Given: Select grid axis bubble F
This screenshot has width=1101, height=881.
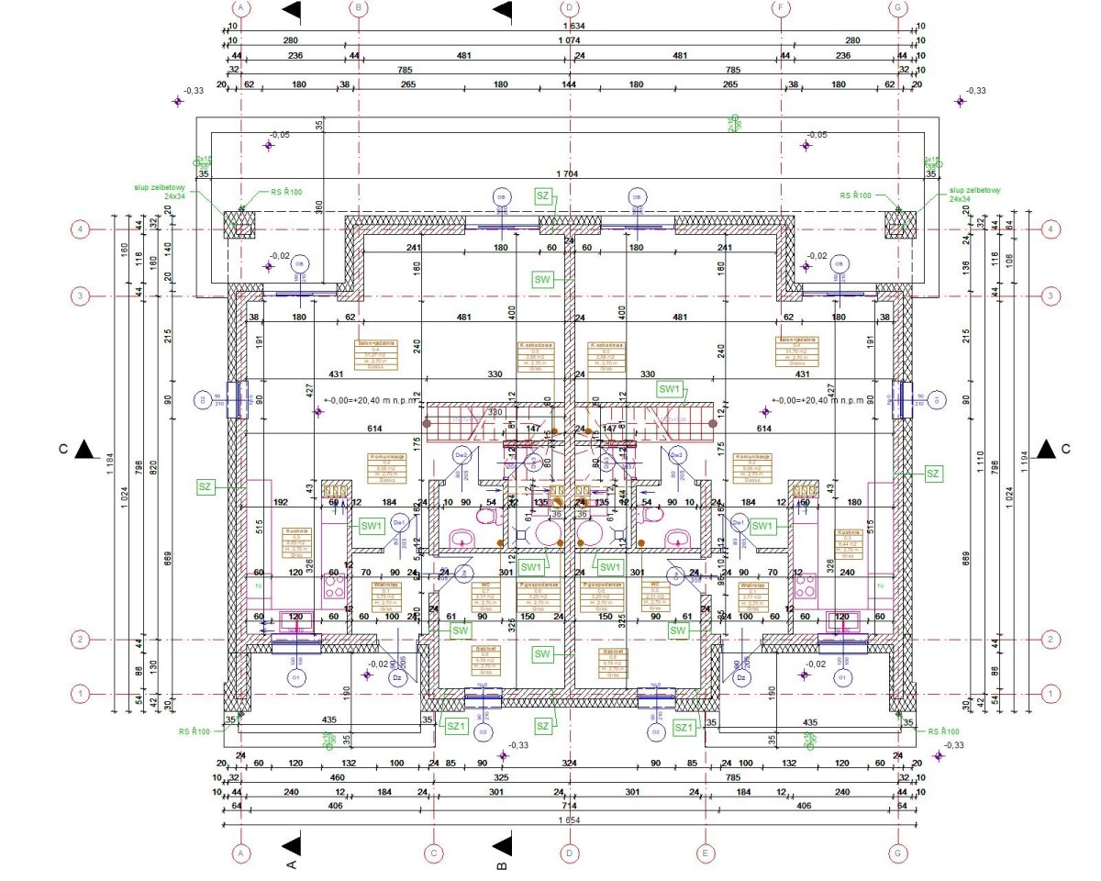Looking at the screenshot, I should click(781, 7).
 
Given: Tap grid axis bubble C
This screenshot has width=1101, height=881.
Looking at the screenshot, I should click(433, 853).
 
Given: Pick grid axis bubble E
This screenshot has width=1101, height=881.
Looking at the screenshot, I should click(705, 853).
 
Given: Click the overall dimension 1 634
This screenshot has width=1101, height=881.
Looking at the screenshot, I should click(571, 26).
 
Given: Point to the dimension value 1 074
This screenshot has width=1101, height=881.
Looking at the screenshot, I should click(571, 40).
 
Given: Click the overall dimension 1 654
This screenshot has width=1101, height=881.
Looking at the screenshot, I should click(571, 820).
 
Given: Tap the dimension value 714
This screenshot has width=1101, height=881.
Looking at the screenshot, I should click(569, 806).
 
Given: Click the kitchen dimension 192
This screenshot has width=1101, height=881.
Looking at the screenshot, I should click(281, 502).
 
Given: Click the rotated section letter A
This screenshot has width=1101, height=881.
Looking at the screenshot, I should click(293, 864).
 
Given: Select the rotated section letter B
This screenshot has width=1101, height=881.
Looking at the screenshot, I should click(501, 864).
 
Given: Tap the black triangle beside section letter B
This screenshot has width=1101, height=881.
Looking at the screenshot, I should click(502, 843).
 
